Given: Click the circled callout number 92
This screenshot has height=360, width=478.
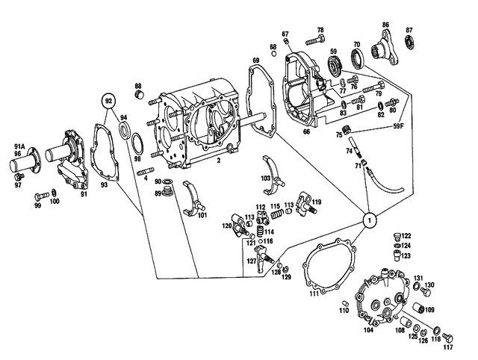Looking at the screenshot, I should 109,100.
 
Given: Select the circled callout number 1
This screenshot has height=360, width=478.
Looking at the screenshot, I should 368,220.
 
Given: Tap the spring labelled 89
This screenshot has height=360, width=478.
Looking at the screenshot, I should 169,194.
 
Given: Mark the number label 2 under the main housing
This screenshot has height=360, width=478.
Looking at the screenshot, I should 217,160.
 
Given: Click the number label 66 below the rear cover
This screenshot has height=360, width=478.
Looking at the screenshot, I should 306,131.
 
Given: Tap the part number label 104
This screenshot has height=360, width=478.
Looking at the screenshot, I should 368,329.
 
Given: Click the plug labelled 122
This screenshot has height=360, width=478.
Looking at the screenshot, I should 396,236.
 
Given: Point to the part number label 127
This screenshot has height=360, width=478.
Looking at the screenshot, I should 252,261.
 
